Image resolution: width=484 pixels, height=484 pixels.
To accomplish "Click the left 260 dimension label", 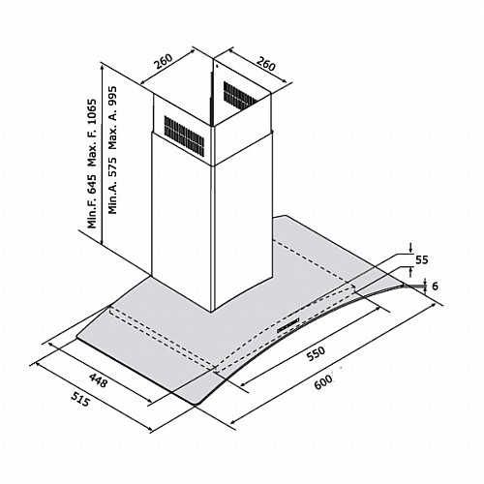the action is pos(164,62).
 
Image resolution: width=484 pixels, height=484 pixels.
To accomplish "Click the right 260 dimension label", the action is pos(265,64).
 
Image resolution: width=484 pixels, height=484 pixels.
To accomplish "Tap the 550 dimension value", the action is pos(315,354).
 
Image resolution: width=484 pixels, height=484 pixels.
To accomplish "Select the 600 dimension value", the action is pos(322,382).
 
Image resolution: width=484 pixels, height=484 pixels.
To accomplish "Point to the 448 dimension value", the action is pos(98,380).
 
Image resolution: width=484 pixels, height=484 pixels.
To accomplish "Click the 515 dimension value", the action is pos(79,399).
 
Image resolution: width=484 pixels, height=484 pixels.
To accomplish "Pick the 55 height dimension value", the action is pos(421,259).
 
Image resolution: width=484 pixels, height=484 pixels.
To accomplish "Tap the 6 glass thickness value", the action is pos(435,286).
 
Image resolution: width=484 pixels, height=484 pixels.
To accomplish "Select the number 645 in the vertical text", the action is pos(93,184).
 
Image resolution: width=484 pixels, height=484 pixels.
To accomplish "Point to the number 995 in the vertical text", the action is pos(112,97).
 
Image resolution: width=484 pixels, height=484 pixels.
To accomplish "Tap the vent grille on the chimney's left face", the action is pos(184,135).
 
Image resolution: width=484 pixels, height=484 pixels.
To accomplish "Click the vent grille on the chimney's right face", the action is pos(240,96).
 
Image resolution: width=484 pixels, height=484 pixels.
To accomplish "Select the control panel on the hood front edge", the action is pos(288,326).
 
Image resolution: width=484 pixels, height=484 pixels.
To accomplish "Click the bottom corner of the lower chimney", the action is pos(212,312).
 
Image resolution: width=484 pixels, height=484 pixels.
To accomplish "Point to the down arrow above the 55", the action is pos(410,249).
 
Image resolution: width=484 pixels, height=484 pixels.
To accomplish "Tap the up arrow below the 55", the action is pos(410,272).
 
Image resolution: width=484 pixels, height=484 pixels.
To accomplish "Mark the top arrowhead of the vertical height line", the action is pos(103,66).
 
